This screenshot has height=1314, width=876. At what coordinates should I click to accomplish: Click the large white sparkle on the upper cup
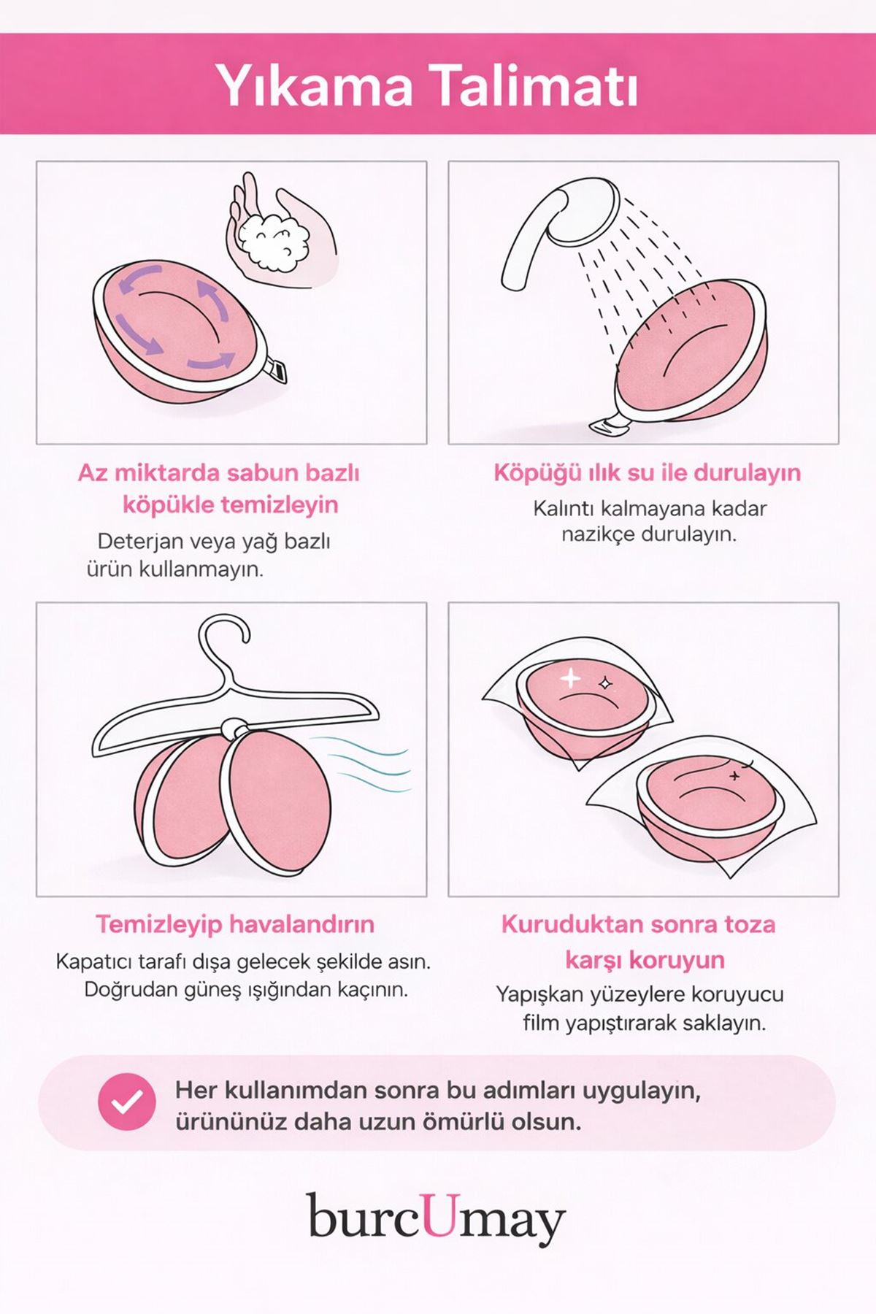[x=570, y=679]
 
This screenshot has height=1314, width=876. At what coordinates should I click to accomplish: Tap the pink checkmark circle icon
[x=127, y=1102]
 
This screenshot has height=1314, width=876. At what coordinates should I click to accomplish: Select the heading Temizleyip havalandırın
[x=234, y=924]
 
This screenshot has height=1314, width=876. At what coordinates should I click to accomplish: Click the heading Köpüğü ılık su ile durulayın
[x=647, y=472]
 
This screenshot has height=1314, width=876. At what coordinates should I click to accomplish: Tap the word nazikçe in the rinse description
[x=598, y=534]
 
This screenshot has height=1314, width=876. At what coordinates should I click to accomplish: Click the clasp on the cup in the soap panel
[x=275, y=371]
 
